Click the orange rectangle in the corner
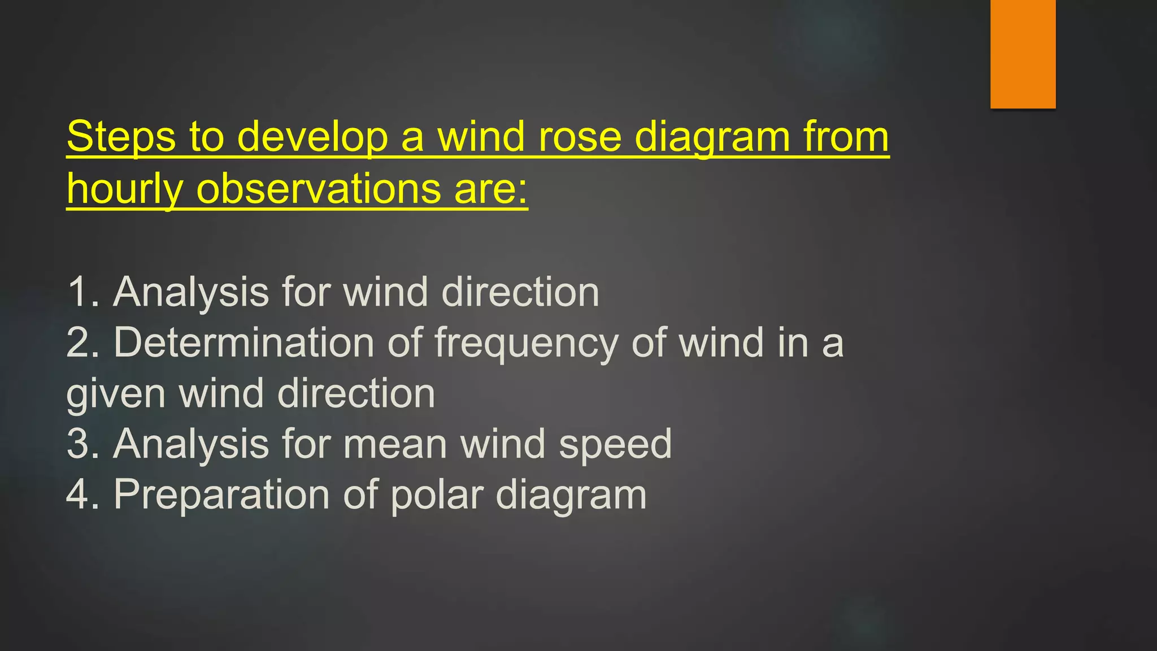[x=1023, y=54]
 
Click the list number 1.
[x=79, y=292]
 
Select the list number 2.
[x=79, y=343]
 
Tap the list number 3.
[x=79, y=444]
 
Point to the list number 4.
[x=79, y=494]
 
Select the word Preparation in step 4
[x=221, y=495]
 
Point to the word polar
[x=437, y=495]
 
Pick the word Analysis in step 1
[x=191, y=292]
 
